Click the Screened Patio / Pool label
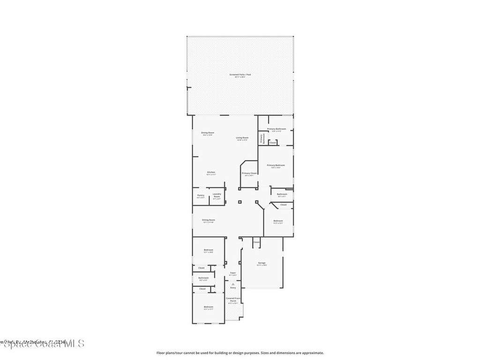coord(240,75)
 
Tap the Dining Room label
coord(208,133)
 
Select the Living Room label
coord(242,137)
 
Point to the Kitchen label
coord(211,172)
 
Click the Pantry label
coord(201,195)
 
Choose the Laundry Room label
coord(217,195)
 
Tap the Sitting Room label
coord(209,220)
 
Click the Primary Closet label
coord(249,173)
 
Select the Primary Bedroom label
coord(276,165)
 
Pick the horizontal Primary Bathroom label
coord(277,128)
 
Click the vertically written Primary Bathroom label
coord(262,138)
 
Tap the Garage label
coord(262,263)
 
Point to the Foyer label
coord(232,273)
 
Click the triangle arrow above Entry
coord(233,284)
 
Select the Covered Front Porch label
coord(233,300)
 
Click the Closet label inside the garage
coord(256,242)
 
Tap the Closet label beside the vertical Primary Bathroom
coord(273,142)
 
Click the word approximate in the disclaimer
coord(314,353)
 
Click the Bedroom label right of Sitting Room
coord(278,220)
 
